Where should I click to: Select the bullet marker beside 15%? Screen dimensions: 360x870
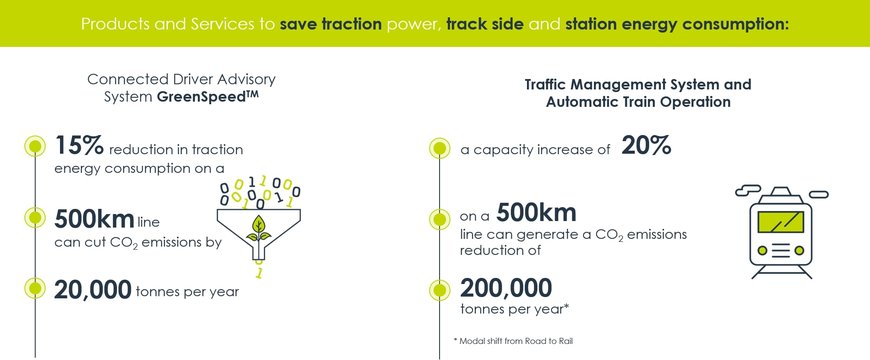coord(35,146)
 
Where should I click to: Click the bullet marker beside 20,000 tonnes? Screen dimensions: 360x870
coord(35,289)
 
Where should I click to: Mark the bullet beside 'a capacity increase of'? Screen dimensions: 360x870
coord(438,149)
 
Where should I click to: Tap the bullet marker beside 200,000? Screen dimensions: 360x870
coord(438,290)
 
